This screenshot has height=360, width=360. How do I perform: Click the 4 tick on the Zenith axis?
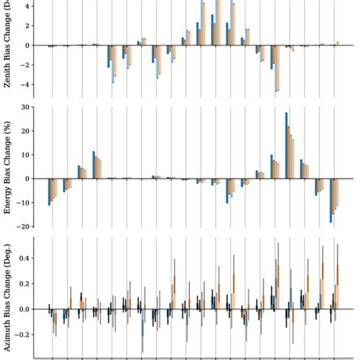pyautogui.click(x=29, y=6)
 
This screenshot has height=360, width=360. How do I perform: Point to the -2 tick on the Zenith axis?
pyautogui.click(x=27, y=65)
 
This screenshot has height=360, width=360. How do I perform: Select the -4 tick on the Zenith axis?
pyautogui.click(x=27, y=85)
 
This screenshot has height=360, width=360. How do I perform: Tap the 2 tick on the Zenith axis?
pyautogui.click(x=29, y=26)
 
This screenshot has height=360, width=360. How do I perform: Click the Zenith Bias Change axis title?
pyautogui.click(x=8, y=46)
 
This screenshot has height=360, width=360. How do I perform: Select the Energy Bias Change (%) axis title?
pyautogui.click(x=8, y=167)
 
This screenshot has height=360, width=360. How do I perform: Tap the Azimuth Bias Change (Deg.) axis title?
pyautogui.click(x=8, y=296)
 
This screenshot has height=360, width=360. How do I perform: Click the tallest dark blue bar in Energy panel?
pyautogui.click(x=286, y=145)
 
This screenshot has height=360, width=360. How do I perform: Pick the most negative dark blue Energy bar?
pyautogui.click(x=331, y=201)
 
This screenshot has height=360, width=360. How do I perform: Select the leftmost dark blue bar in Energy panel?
pyautogui.click(x=49, y=191)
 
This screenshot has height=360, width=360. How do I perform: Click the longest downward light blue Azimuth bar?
pyautogui.click(x=142, y=324)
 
